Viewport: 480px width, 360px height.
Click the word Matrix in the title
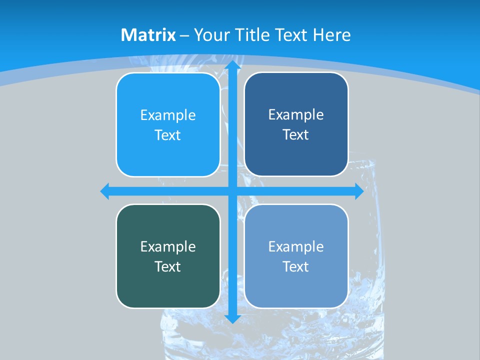(x=148, y=35)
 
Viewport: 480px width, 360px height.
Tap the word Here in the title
(x=332, y=35)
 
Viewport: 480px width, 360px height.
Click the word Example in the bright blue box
(x=168, y=115)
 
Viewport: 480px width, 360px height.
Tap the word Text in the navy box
(x=296, y=135)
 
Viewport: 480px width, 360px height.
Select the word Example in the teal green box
(x=168, y=247)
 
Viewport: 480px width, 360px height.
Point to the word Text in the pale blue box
(x=296, y=267)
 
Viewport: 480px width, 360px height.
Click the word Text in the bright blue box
(x=168, y=135)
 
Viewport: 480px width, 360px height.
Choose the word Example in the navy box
(x=296, y=115)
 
